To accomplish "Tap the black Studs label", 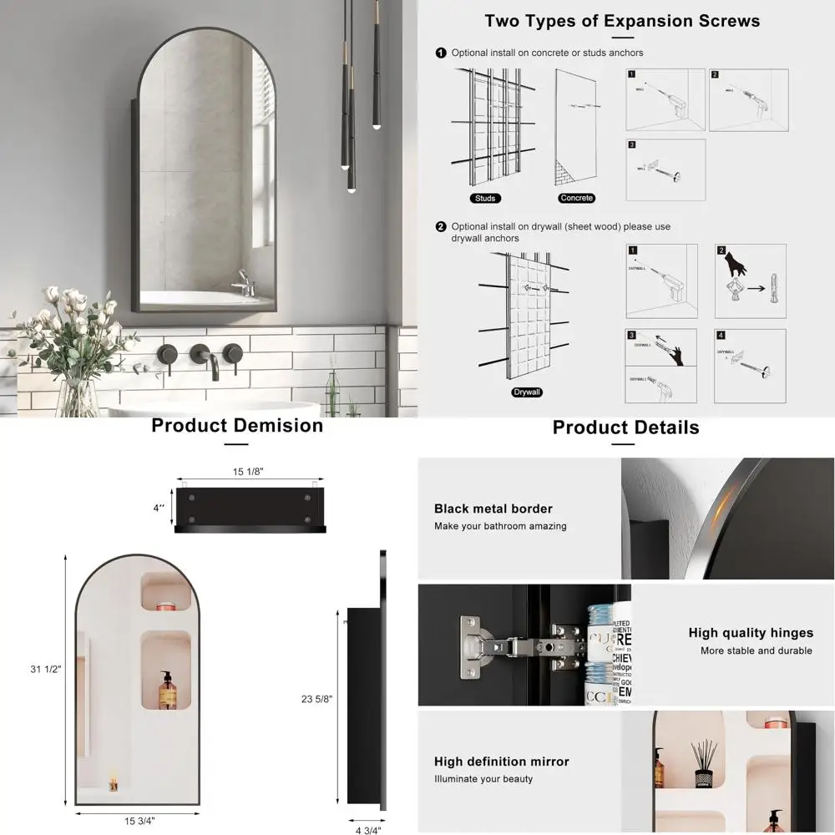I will point(485,198).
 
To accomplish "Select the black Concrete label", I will point(576,198).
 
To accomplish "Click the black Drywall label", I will point(527,392).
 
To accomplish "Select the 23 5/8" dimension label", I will point(318,699).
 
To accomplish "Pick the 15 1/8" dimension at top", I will point(248,472).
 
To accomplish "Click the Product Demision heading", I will point(237,426).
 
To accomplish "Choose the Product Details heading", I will point(625,428).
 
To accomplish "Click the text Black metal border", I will point(493,509).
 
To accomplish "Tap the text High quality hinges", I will point(751,633).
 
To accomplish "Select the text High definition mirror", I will point(501,762).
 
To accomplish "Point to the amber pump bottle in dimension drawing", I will point(168,690).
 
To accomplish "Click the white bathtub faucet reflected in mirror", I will point(243,283).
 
